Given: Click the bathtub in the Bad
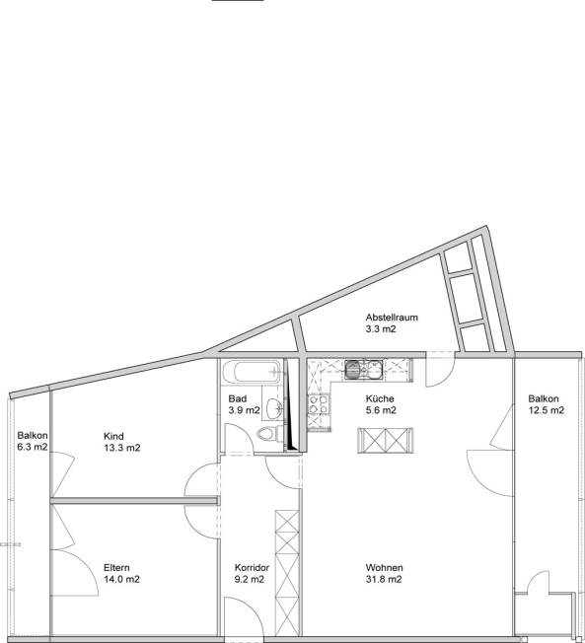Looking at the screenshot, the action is tap(252, 372).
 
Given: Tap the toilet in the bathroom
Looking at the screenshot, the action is tap(270, 434).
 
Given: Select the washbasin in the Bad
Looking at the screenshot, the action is tap(273, 407).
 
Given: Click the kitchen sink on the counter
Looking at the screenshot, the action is tap(363, 369).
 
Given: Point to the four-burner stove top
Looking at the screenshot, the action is tap(319, 404).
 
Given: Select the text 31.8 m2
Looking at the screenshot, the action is tap(384, 579).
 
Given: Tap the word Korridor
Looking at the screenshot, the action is tap(252, 567).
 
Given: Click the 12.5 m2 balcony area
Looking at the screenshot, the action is tap(546, 410).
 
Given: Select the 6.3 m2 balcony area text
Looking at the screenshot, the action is tap(33, 447).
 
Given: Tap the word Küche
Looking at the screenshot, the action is tap(380, 398).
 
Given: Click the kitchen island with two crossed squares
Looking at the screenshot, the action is tap(385, 441).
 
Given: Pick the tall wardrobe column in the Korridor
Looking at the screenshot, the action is tap(287, 572).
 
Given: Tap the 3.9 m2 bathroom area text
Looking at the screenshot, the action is tap(244, 410).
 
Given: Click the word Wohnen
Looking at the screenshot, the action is tap(385, 567).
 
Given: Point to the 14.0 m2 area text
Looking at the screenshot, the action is tap(121, 579).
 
